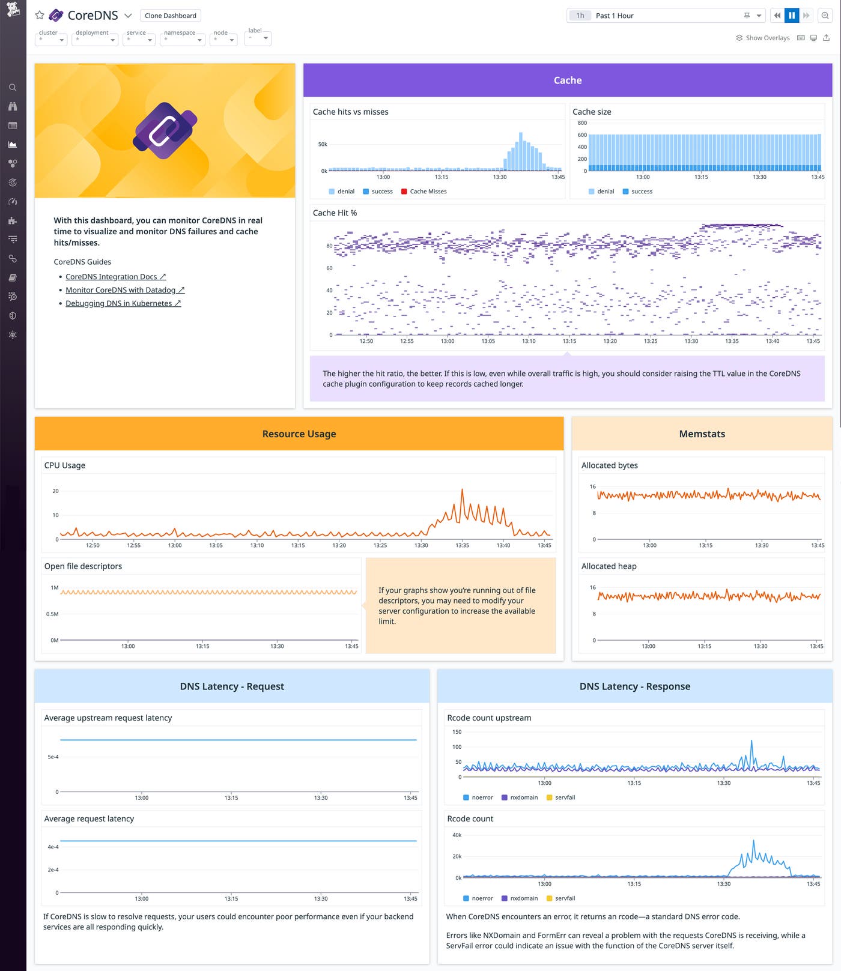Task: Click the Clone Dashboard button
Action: [170, 16]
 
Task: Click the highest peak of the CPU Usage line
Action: [462, 491]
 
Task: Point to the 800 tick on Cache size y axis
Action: [582, 123]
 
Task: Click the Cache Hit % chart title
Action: [335, 213]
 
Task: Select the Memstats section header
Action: [701, 434]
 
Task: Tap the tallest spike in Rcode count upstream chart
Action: [751, 742]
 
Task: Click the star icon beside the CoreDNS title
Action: [40, 15]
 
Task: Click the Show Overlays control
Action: [763, 38]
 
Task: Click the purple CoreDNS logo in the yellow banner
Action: [165, 130]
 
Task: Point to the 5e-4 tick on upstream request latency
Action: [53, 757]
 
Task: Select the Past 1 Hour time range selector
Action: [664, 16]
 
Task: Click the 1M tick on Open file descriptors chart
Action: [55, 588]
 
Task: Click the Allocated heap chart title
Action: [609, 566]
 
